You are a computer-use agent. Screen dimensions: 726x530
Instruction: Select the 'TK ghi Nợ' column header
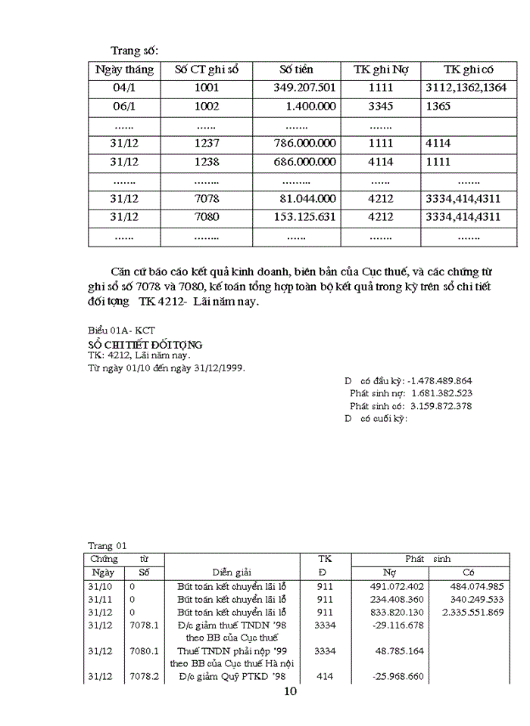(x=381, y=70)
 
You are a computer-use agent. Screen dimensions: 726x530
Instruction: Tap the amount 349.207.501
(x=304, y=88)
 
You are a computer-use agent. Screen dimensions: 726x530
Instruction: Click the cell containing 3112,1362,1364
(x=466, y=88)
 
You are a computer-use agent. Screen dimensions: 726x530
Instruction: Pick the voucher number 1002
(x=207, y=107)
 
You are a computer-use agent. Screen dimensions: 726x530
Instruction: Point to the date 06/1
(x=124, y=107)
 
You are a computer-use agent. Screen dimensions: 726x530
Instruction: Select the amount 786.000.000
(x=304, y=143)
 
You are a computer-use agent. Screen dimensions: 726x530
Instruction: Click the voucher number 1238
(x=207, y=162)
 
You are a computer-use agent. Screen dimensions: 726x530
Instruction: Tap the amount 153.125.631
(x=304, y=217)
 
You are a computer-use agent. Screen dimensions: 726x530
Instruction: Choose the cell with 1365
(x=438, y=107)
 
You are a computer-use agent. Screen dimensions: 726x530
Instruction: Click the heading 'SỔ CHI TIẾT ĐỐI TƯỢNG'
(x=145, y=344)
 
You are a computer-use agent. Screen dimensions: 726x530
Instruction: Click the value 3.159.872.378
(x=452, y=406)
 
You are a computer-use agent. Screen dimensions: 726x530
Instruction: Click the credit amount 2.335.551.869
(x=472, y=612)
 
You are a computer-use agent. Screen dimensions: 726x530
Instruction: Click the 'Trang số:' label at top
(x=135, y=51)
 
